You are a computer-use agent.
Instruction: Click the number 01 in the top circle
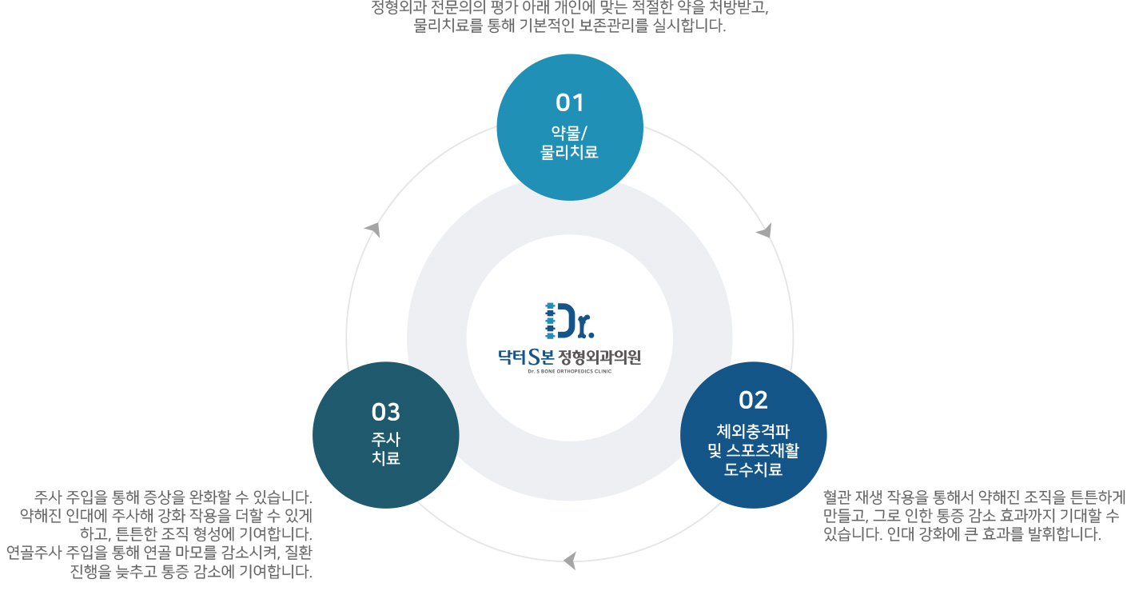[570, 102]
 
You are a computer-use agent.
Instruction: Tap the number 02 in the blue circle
[753, 400]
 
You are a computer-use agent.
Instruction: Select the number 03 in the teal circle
[385, 412]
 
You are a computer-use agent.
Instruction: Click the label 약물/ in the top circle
[570, 133]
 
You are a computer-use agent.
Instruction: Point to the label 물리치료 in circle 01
[570, 152]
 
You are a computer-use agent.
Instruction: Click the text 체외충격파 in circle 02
[753, 430]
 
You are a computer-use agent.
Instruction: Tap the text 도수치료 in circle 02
[753, 470]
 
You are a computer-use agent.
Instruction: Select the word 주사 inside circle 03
[385, 439]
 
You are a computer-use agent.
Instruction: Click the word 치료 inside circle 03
[385, 459]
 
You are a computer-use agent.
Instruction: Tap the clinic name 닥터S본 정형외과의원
[569, 356]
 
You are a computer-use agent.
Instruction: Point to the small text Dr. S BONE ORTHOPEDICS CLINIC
[569, 371]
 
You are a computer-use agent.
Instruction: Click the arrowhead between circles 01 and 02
[765, 231]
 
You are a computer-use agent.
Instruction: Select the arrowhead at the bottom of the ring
[570, 561]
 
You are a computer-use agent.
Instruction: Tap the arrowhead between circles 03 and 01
[372, 229]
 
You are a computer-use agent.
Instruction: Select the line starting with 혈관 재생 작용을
[974, 496]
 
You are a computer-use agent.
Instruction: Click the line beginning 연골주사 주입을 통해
[159, 553]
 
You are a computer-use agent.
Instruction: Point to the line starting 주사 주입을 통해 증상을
[173, 496]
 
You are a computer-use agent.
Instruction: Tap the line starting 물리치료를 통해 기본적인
[569, 26]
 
